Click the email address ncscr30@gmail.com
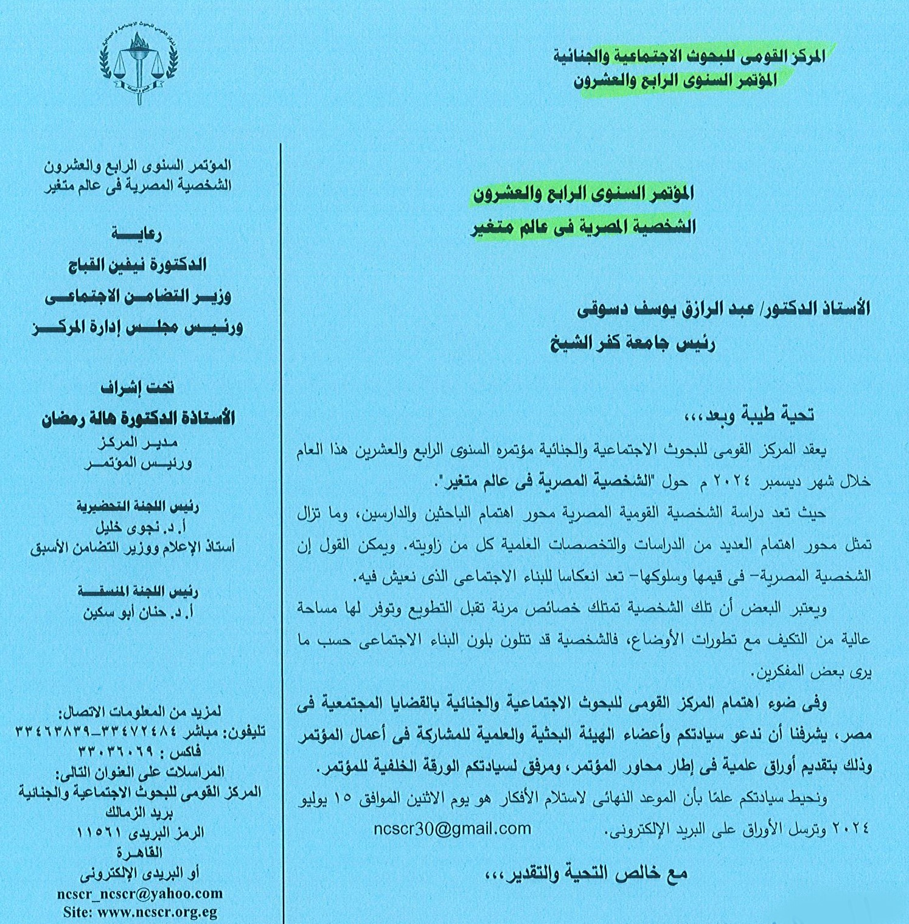(x=453, y=828)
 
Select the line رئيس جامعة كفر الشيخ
(x=632, y=344)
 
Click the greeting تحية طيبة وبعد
(x=748, y=416)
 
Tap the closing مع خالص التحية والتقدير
(x=585, y=873)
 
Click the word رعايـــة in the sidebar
(x=136, y=234)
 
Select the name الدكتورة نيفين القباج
(x=137, y=265)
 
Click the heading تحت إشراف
(x=137, y=388)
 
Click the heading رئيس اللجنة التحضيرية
(x=138, y=506)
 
